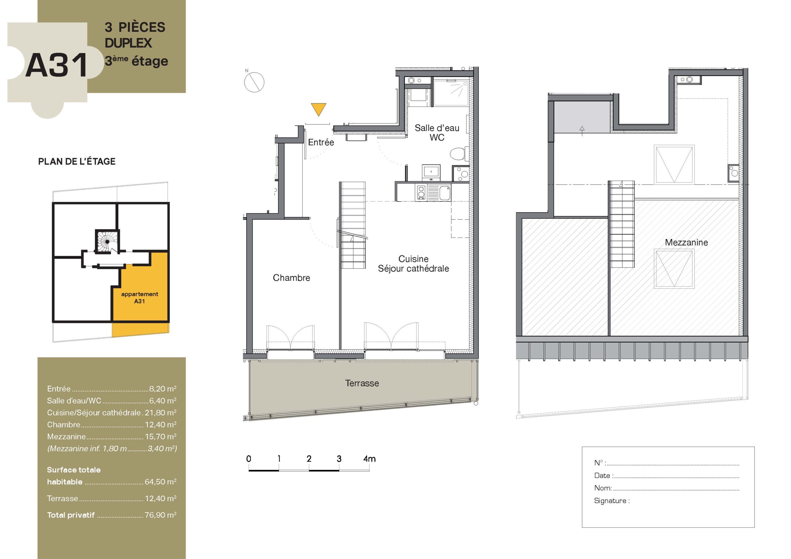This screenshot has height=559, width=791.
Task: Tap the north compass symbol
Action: pos(254,82)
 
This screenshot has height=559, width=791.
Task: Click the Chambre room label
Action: pos(291,278)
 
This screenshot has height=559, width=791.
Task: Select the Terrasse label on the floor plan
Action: pos(362,383)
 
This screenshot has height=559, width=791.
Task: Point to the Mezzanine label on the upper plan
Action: pos(686,242)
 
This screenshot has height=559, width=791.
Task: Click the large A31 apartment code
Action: pos(57,65)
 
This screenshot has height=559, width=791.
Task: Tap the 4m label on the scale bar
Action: pos(369,458)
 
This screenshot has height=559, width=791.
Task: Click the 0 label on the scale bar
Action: pos(249,458)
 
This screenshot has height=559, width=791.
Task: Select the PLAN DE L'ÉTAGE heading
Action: pos(77,161)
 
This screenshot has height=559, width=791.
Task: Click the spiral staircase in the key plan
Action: pos(107,241)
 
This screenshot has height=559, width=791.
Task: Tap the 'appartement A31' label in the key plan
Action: pos(140,297)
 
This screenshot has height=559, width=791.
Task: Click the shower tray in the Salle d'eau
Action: pos(451,93)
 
